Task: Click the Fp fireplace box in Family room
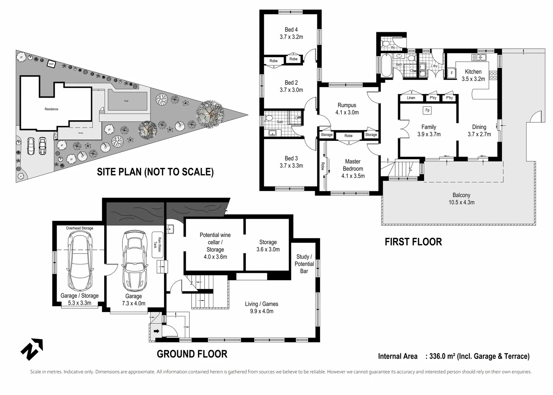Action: [427, 110]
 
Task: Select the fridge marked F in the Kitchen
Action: [452, 73]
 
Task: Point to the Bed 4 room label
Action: [291, 30]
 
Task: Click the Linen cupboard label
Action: [411, 98]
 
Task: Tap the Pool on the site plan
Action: [126, 101]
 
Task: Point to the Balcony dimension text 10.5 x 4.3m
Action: [461, 202]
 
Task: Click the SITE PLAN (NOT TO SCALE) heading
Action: [155, 172]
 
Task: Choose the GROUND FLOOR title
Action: [192, 354]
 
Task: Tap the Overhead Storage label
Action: [79, 228]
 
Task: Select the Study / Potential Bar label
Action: [304, 264]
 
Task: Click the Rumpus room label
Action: [346, 105]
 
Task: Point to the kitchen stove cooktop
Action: [493, 75]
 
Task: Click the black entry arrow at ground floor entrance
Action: [156, 331]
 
